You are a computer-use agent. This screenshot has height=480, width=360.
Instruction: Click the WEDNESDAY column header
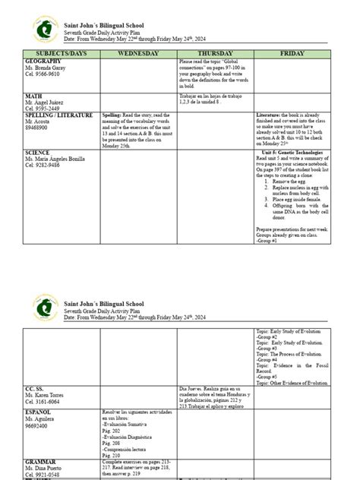tap(137, 53)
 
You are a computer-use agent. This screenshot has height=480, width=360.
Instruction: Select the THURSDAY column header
tap(215, 53)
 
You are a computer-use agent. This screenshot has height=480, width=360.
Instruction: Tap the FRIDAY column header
tap(292, 53)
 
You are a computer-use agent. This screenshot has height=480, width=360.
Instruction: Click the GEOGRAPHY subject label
tap(43, 60)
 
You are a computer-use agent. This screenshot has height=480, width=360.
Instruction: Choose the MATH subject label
tap(33, 96)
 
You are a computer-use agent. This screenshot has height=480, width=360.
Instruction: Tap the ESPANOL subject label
tap(39, 412)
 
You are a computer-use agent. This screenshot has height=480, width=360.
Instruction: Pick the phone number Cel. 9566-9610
tap(42, 74)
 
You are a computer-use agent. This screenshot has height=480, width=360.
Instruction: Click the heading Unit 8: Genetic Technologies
tap(292, 152)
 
